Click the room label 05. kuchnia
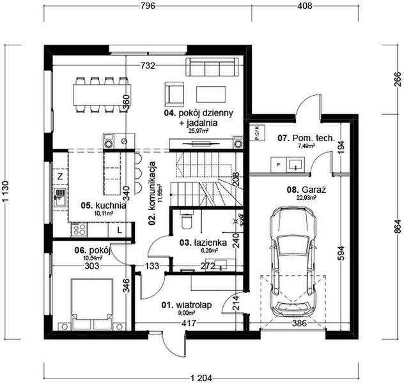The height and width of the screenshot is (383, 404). point(103,206)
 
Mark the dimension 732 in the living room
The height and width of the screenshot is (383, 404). point(149,66)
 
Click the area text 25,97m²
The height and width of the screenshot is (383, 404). point(199,130)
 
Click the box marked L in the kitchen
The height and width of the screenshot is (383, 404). point(120,229)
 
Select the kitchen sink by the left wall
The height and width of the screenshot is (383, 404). point(59,194)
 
